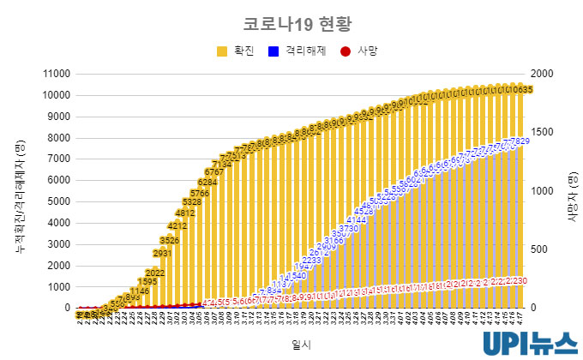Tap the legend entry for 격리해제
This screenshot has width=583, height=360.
[297, 51]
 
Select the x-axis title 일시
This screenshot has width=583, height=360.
[301, 343]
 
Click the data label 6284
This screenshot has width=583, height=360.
[207, 182]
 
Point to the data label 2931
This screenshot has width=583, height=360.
[162, 253]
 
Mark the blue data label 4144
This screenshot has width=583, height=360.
[357, 220]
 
